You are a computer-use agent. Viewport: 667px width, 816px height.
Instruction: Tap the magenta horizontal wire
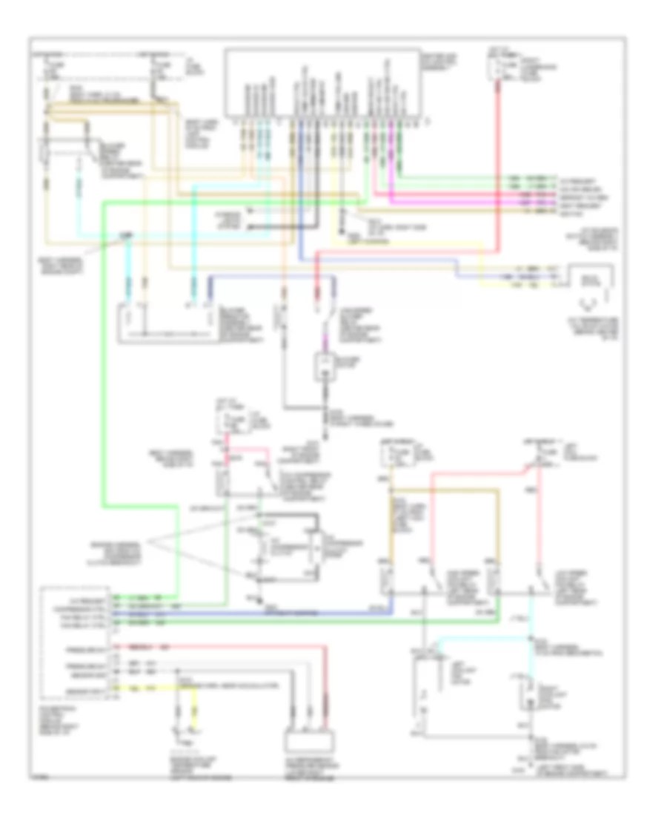(x=474, y=199)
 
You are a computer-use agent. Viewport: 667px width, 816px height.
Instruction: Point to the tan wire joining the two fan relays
(x=445, y=490)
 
